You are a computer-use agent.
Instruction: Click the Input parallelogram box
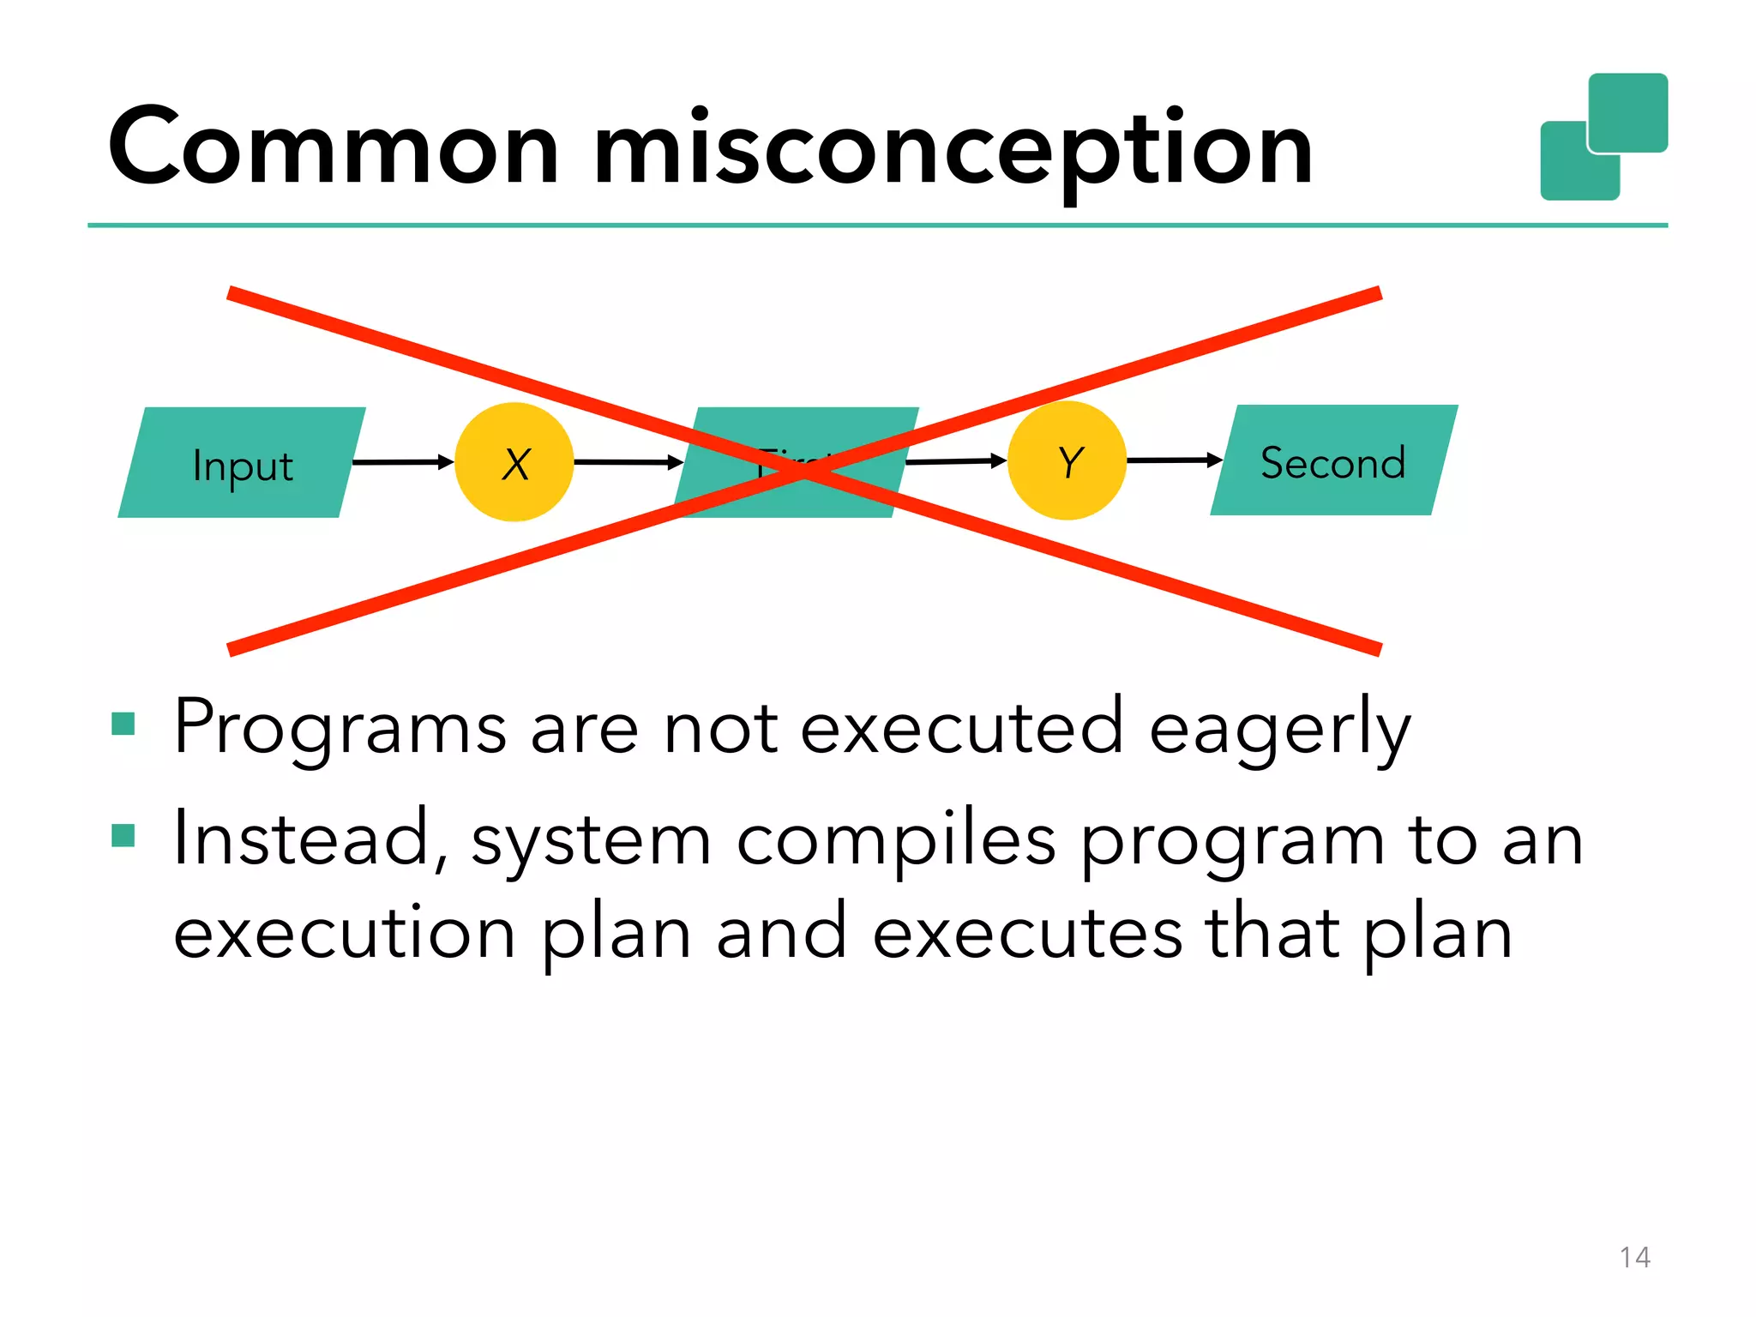pos(242,463)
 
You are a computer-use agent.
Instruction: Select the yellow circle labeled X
pos(514,463)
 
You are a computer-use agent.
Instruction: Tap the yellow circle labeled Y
pos(1067,461)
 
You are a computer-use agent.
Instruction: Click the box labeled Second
pos(1333,461)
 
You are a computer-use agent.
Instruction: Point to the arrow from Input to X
pos(401,463)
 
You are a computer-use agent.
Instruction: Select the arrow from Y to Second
pos(1173,460)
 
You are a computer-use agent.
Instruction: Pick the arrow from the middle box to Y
pos(953,462)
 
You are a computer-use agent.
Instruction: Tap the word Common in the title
pos(334,147)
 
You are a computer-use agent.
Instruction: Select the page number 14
pos(1634,1257)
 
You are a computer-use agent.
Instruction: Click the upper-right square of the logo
pos(1627,111)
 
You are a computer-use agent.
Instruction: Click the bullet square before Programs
pos(123,725)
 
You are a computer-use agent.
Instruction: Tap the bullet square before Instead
pos(123,835)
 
